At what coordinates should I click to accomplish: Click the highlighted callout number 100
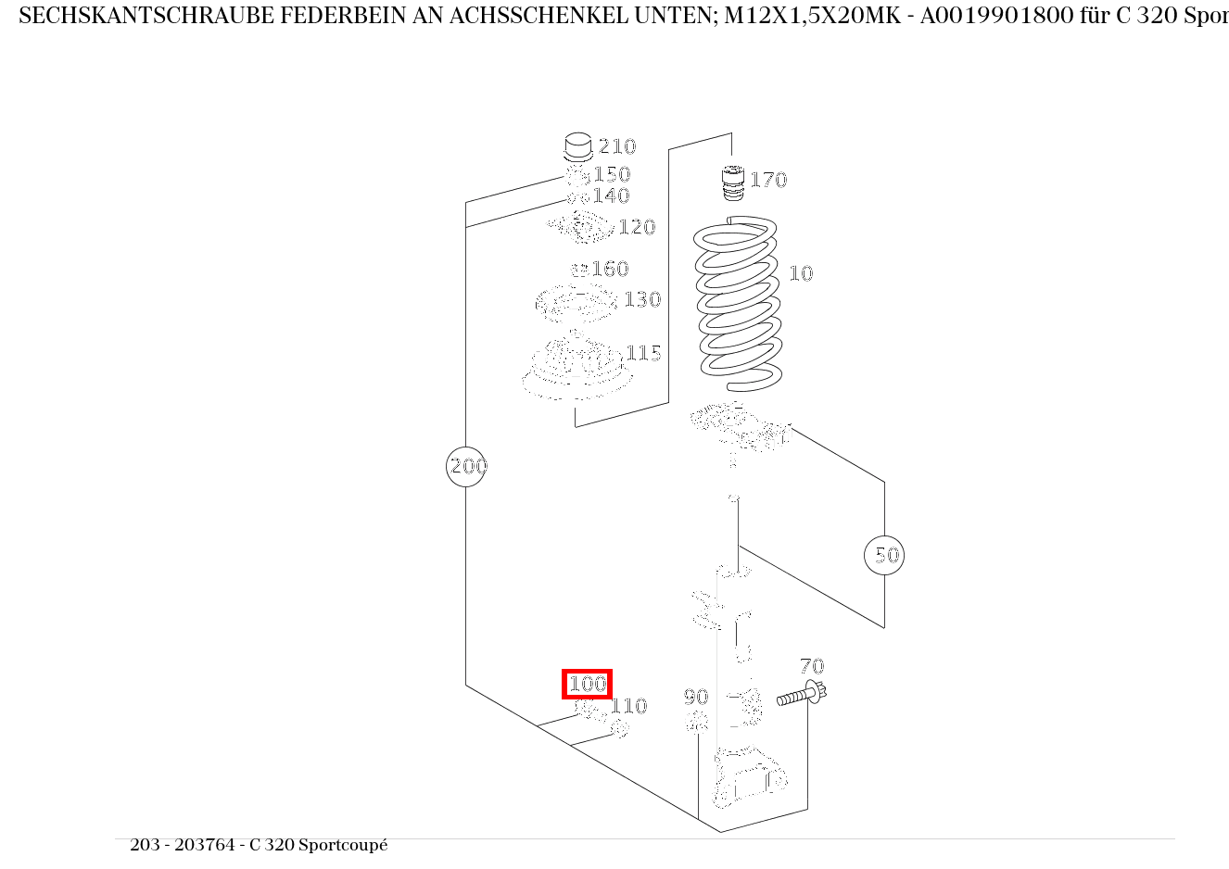[x=588, y=685]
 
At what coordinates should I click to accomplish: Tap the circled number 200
[x=467, y=466]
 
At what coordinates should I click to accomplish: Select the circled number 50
[x=884, y=555]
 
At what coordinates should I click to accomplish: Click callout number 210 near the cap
[x=617, y=146]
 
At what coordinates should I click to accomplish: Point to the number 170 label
[x=768, y=180]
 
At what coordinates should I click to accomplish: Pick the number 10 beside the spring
[x=801, y=273]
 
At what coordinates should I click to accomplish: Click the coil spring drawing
[x=739, y=301]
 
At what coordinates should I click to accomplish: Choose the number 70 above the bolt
[x=812, y=666]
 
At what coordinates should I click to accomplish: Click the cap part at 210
[x=578, y=147]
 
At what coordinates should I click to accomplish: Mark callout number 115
[x=643, y=353]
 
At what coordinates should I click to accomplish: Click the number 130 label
[x=642, y=299]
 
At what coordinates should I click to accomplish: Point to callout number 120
[x=637, y=227]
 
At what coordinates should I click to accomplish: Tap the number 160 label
[x=611, y=269]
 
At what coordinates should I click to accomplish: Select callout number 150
[x=612, y=174]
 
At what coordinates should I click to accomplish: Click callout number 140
[x=611, y=195]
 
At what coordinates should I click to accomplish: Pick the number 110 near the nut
[x=628, y=706]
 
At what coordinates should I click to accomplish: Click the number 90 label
[x=696, y=697]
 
